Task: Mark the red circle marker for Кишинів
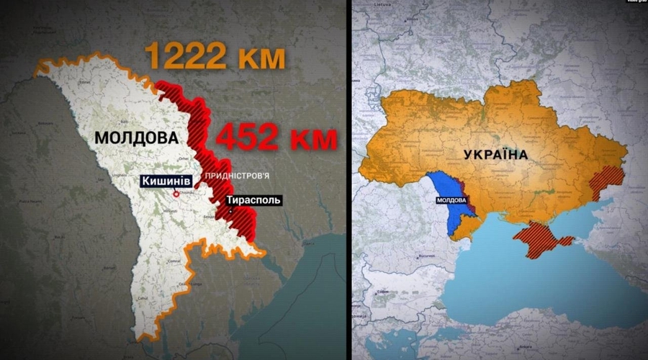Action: point(176,193)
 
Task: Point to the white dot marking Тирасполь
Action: point(230,212)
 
